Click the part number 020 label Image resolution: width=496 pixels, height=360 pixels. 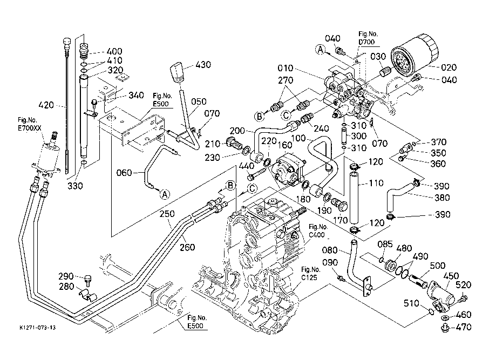[449, 68]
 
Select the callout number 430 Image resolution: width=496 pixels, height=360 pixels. [203, 65]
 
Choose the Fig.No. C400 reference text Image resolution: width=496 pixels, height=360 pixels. [318, 230]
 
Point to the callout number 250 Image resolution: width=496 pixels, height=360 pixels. [168, 214]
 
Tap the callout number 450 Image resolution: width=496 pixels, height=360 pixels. [451, 276]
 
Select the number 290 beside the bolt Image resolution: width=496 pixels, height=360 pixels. [66, 276]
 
